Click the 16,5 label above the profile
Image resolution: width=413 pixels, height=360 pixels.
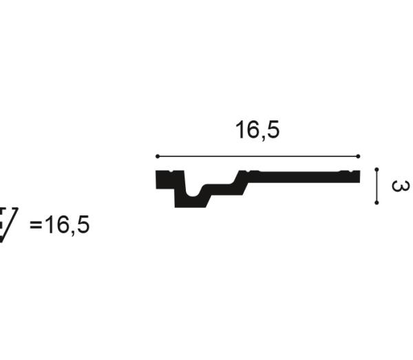[257, 130]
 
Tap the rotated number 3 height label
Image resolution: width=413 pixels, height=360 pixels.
[401, 186]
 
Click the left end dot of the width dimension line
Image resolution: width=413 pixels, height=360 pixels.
[158, 156]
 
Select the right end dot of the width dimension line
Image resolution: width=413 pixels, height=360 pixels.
[358, 156]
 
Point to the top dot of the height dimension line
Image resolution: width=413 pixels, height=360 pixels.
[377, 169]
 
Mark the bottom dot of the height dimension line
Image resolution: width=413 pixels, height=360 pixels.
[377, 202]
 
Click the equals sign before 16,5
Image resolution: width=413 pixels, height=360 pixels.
[36, 225]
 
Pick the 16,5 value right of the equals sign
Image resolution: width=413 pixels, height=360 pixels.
[67, 225]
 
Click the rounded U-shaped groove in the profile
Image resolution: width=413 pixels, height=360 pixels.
[193, 192]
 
